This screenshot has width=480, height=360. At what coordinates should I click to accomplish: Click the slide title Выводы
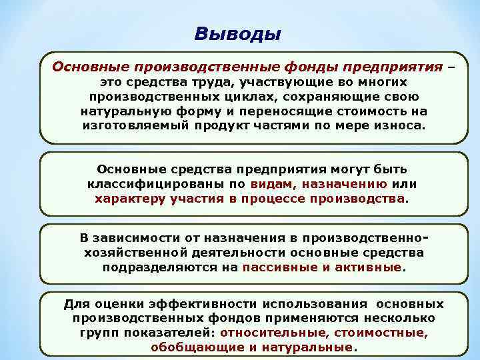click(239, 33)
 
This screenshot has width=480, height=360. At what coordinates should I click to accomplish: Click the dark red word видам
click(273, 184)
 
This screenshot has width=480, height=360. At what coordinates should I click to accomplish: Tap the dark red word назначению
click(345, 184)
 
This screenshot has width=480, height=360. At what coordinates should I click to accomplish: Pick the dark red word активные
click(369, 267)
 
